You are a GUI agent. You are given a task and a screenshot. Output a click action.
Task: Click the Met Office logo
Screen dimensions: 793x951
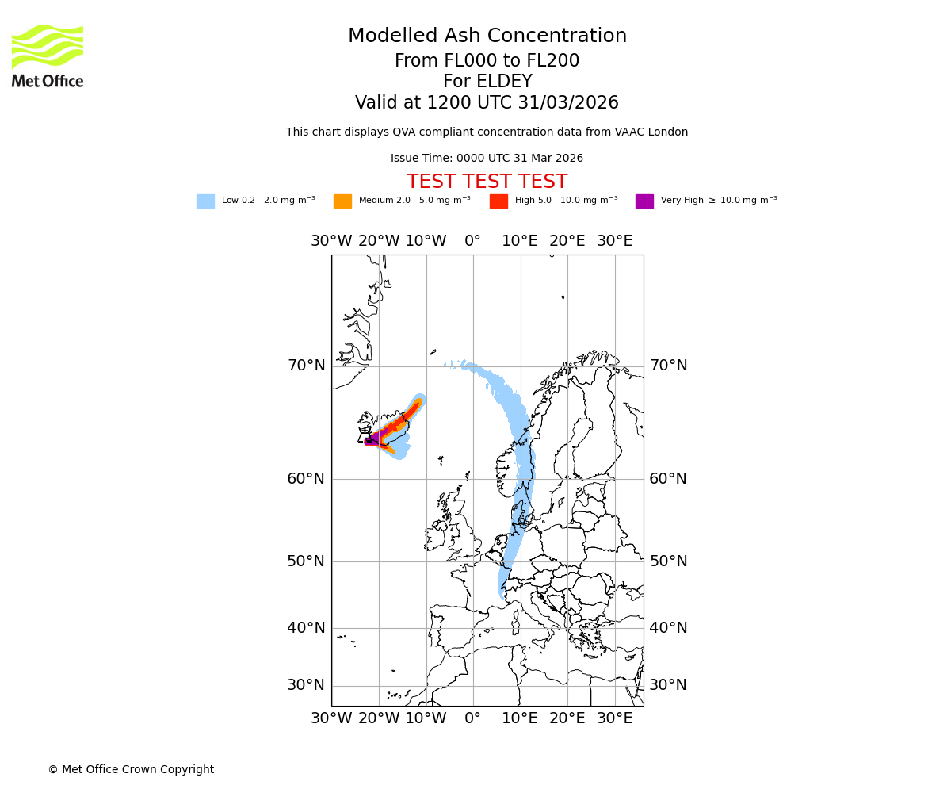[x=48, y=56]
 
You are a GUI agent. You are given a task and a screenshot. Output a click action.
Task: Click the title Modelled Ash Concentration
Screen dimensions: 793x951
[x=487, y=36]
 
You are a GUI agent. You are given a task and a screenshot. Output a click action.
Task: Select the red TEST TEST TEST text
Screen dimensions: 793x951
[x=487, y=182]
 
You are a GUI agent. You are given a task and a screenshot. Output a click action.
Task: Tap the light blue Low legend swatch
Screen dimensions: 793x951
[x=205, y=201]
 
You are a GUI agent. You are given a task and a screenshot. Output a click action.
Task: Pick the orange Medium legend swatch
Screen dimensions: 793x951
[x=342, y=201]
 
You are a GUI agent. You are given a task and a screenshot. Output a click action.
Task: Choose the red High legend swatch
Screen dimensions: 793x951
[x=498, y=201]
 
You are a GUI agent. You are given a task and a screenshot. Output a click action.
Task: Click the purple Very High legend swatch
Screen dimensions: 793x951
[x=644, y=201]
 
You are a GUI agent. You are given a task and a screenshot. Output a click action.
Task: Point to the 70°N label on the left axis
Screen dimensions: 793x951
[x=306, y=366]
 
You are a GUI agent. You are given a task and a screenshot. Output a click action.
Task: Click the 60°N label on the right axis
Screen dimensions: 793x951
[x=668, y=479]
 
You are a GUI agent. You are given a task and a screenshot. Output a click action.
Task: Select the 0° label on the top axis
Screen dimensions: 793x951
[x=473, y=241]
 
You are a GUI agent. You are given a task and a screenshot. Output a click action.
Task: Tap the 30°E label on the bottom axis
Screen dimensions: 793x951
[x=614, y=718]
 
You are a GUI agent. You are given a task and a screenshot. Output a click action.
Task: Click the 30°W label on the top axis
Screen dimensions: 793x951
[x=331, y=241]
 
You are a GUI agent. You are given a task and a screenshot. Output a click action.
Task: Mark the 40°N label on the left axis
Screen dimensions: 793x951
[x=306, y=628]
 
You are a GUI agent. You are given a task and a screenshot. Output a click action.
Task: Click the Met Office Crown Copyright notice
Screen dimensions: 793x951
[x=131, y=769]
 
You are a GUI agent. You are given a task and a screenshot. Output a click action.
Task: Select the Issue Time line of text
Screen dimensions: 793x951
[x=487, y=159]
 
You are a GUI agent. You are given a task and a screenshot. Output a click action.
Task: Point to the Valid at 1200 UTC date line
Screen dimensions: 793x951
[x=487, y=103]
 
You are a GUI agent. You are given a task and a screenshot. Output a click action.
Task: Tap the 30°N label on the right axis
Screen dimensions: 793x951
[x=668, y=685]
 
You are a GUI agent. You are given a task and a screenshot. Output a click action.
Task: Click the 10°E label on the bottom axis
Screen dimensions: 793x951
[x=520, y=718]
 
